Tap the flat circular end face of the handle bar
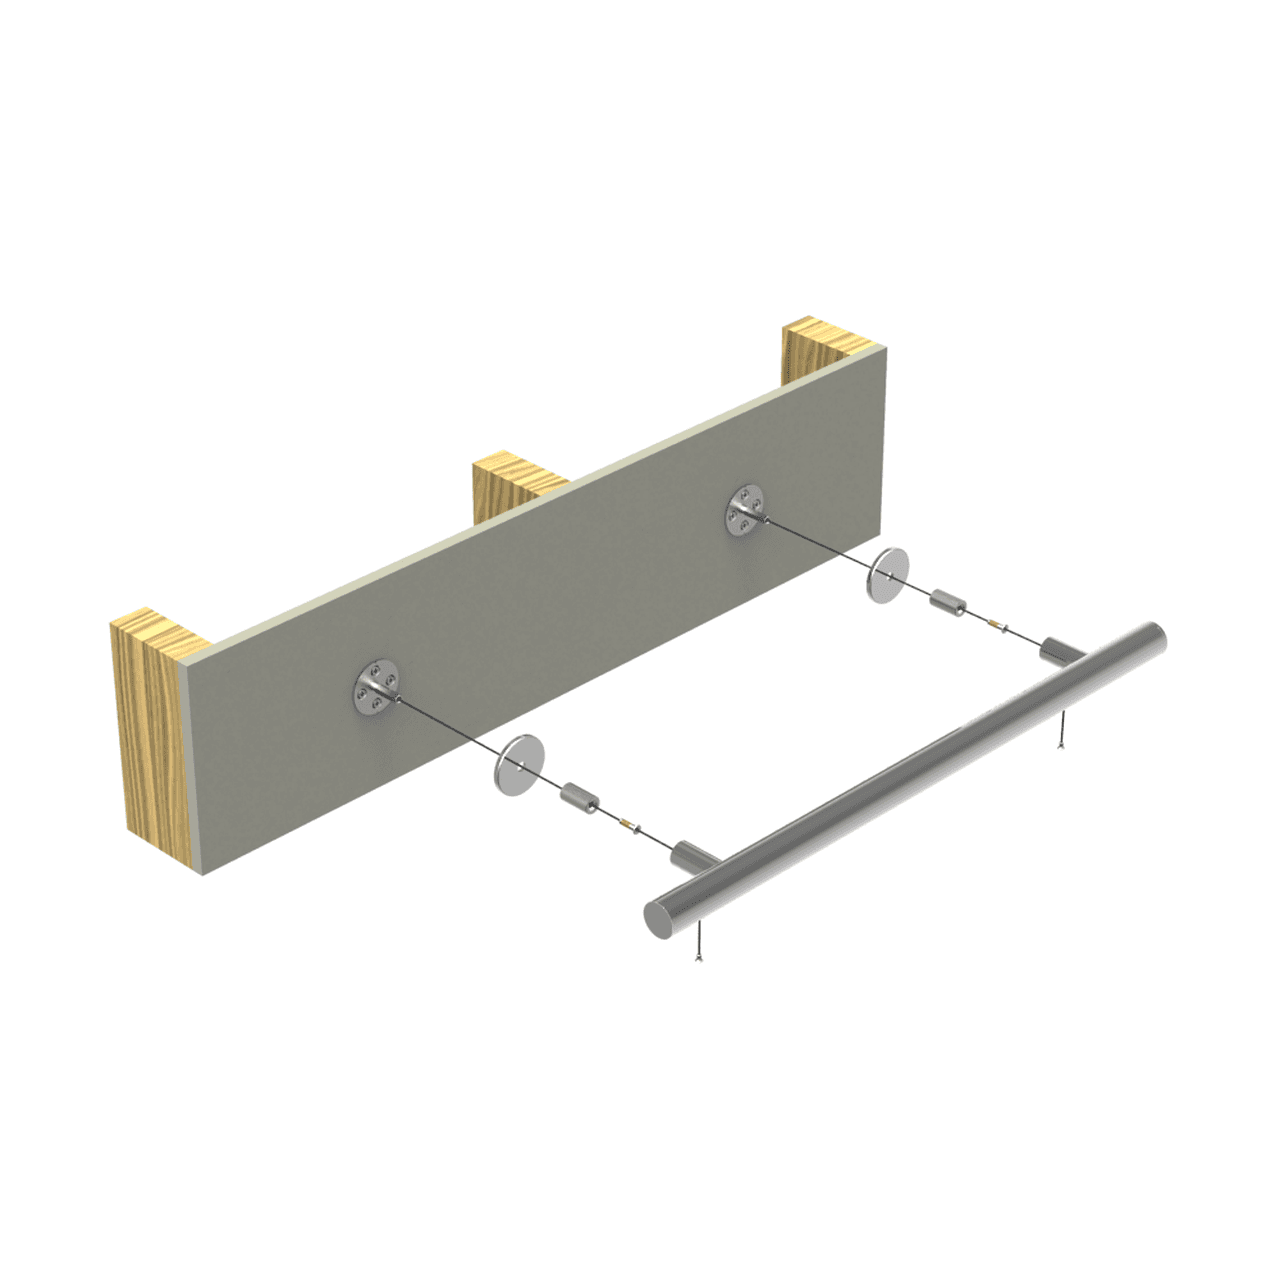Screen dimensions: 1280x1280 point(661,915)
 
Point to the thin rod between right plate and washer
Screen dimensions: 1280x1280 point(820,541)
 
